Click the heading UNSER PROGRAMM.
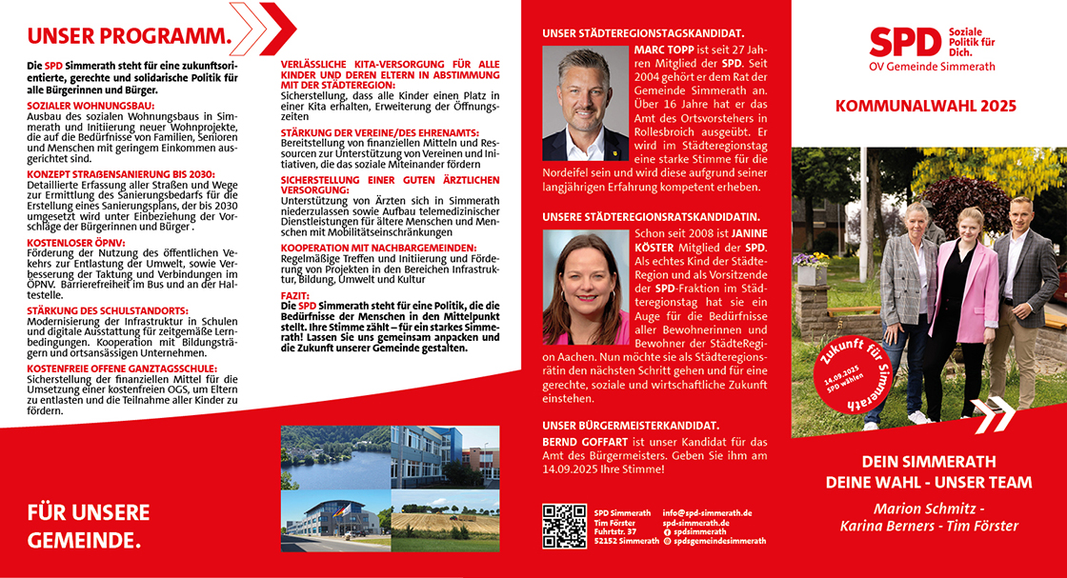pos(130,37)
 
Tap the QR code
pos(564,527)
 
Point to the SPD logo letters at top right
pos(905,41)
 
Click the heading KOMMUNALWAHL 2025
pos(925,106)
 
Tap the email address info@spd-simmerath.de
pos(707,512)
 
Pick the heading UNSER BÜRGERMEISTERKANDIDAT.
pos(631,425)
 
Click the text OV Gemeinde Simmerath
pos(932,68)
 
